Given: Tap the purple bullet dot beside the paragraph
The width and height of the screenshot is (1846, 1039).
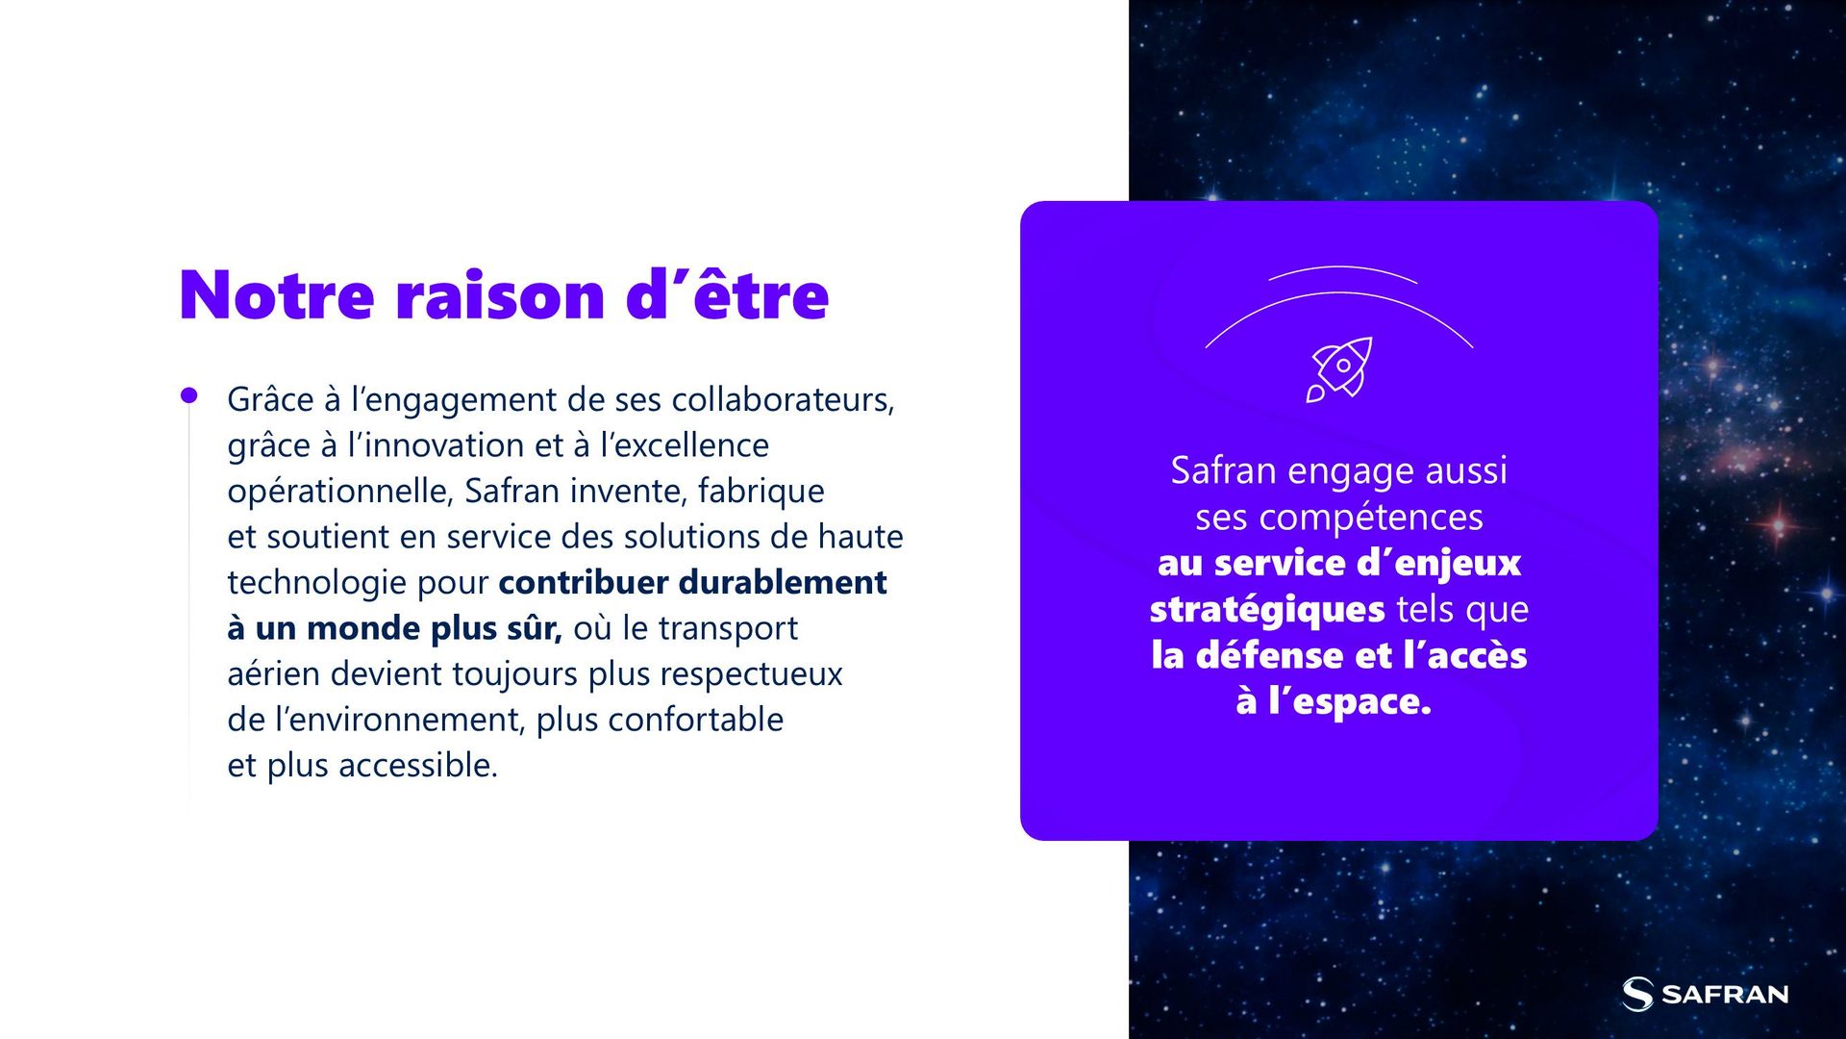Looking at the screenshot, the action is [189, 395].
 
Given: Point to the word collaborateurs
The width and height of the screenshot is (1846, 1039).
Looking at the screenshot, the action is [783, 399].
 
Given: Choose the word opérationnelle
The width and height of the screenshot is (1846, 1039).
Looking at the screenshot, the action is [339, 492].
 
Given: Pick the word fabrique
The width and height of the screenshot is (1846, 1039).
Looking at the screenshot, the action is [761, 491].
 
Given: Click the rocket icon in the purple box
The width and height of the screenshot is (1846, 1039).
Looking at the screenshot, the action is [1339, 369].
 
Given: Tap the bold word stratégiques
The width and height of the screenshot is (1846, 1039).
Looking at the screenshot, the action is [1267, 610].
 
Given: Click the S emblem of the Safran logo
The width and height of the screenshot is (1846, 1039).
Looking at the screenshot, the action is [1637, 994].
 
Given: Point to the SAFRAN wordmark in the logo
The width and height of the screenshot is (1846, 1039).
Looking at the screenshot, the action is [1725, 995].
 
